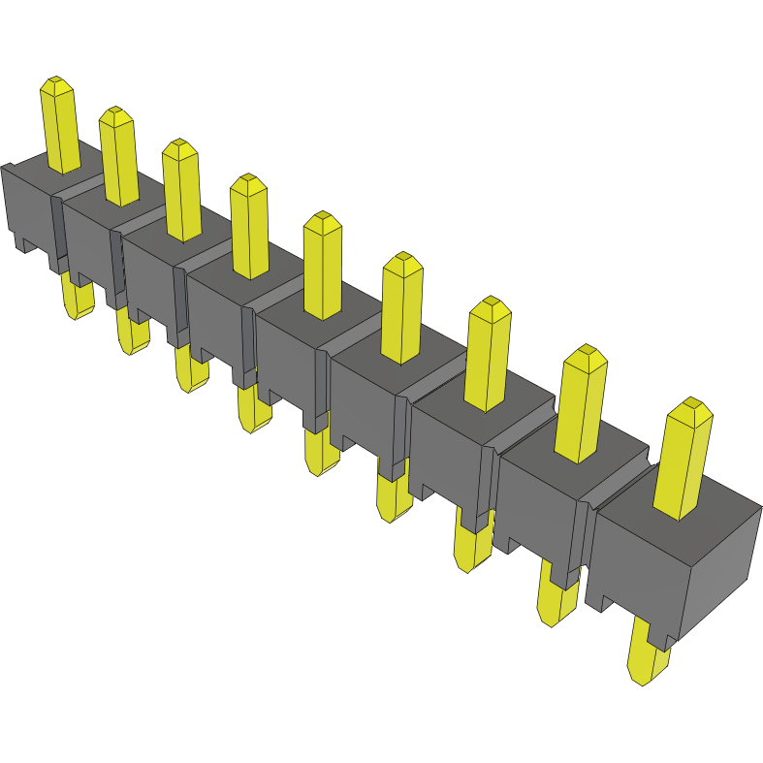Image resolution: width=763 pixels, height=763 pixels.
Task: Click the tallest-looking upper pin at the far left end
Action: pyautogui.click(x=59, y=126)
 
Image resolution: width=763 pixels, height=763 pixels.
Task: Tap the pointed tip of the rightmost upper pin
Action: pyautogui.click(x=692, y=405)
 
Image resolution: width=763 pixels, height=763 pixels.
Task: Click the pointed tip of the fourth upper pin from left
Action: pyautogui.click(x=249, y=181)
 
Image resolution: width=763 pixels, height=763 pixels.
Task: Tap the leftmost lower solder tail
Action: pyautogui.click(x=77, y=296)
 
